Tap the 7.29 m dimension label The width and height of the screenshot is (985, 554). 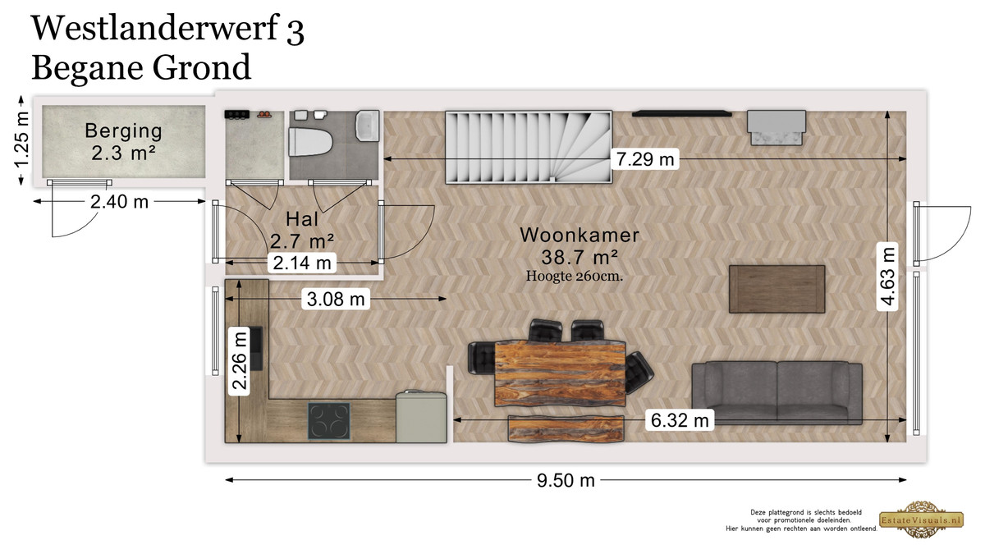tap(644, 158)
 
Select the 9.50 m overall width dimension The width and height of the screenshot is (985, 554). tap(566, 480)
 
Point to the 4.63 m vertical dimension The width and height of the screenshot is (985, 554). tap(888, 277)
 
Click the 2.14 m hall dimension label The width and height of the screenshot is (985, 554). tap(302, 263)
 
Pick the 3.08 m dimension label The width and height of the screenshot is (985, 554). tap(336, 299)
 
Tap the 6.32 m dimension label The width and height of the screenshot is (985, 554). tap(680, 420)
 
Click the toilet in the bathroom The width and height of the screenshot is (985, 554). tap(309, 142)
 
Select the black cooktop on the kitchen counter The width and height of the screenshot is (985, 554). tap(329, 421)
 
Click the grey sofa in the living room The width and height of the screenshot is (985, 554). tap(777, 392)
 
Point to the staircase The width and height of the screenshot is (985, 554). tap(529, 147)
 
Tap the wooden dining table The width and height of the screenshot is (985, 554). tap(560, 373)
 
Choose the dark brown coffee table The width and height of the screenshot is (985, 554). tap(777, 289)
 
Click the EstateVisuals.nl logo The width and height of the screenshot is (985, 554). tap(922, 520)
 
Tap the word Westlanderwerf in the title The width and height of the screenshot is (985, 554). tap(155, 28)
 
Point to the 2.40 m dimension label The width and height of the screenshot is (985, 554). tap(119, 202)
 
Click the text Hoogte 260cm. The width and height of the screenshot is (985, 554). tap(575, 276)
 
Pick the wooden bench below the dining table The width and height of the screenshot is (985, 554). tap(566, 428)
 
